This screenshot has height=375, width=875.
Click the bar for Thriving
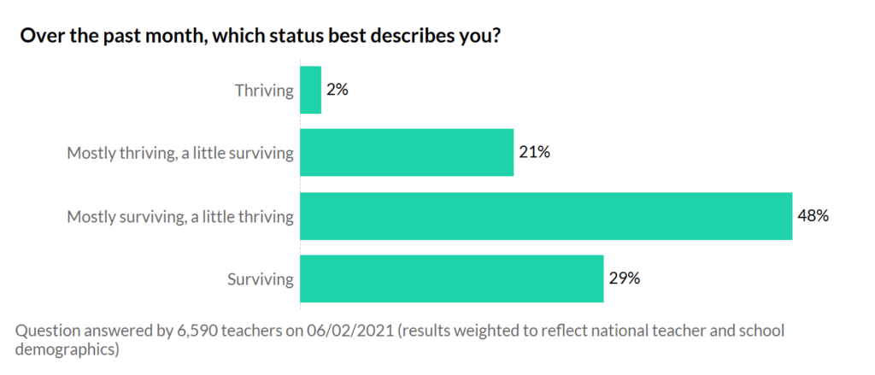pyautogui.click(x=311, y=90)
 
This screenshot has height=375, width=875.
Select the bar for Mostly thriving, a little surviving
pyautogui.click(x=407, y=153)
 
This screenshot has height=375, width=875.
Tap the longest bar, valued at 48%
pyautogui.click(x=546, y=216)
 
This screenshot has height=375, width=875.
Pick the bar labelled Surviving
pyautogui.click(x=452, y=278)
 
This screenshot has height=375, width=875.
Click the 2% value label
pyautogui.click(x=337, y=90)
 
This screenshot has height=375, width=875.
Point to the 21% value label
pyautogui.click(x=534, y=153)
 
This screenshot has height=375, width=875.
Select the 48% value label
pyautogui.click(x=813, y=216)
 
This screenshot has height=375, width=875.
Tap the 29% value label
pyautogui.click(x=624, y=278)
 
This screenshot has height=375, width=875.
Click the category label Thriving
pyautogui.click(x=264, y=90)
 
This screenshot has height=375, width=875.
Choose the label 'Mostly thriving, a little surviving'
pyautogui.click(x=180, y=154)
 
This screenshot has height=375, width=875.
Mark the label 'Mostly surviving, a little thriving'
pyautogui.click(x=180, y=217)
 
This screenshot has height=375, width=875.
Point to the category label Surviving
pyautogui.click(x=260, y=279)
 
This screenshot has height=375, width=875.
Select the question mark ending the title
pyautogui.click(x=494, y=37)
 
